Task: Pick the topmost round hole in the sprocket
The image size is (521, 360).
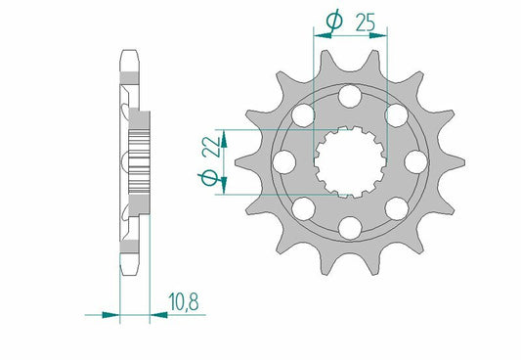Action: (x=349, y=95)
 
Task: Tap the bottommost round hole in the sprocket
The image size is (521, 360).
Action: (x=349, y=226)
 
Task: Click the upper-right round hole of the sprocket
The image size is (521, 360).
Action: (x=395, y=115)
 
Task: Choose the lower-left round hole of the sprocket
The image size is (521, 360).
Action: (x=303, y=206)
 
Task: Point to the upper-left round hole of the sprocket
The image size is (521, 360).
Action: (x=303, y=115)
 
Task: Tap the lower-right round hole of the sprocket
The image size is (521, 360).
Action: (x=395, y=206)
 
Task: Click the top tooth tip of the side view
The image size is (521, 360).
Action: (x=127, y=57)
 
